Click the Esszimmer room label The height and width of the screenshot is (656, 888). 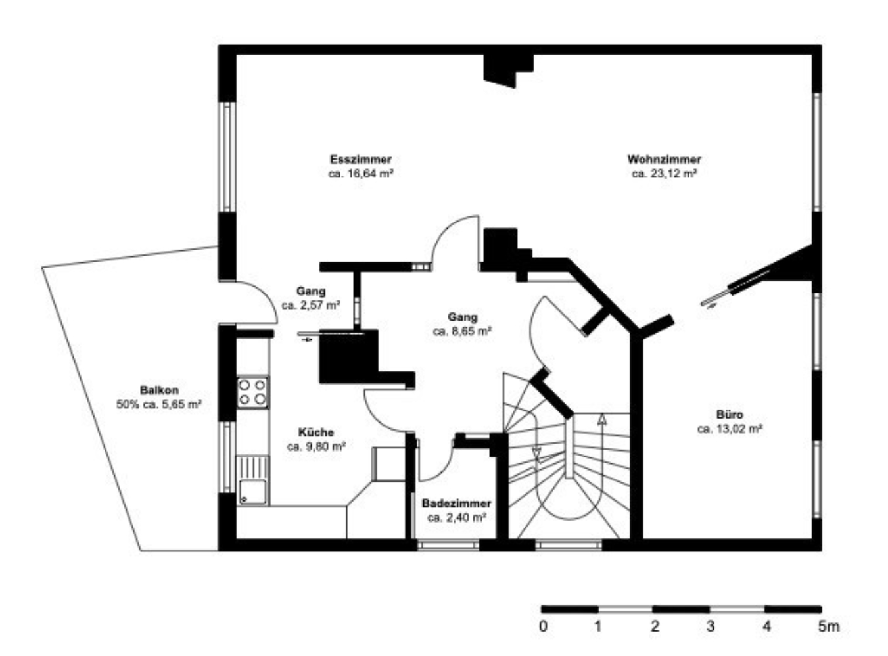point(361,159)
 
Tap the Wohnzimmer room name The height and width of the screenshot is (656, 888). point(664,159)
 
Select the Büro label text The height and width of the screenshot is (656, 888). point(730,415)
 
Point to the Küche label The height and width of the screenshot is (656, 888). point(316,432)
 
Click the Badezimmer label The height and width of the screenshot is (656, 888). point(456,503)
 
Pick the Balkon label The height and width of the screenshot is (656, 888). point(159,390)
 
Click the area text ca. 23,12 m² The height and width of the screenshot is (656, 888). point(665,174)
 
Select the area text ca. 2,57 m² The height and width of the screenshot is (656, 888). point(311,305)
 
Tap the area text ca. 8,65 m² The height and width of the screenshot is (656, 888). point(463,331)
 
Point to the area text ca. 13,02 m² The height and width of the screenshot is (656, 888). point(730,429)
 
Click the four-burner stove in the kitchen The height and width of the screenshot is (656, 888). point(252,392)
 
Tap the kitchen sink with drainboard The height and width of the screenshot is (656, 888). point(252,480)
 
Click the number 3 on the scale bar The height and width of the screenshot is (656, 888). point(711,626)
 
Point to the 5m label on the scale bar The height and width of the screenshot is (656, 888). point(829,626)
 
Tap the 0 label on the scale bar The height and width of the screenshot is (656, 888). point(543,626)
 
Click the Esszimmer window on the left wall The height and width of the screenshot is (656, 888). point(227,156)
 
